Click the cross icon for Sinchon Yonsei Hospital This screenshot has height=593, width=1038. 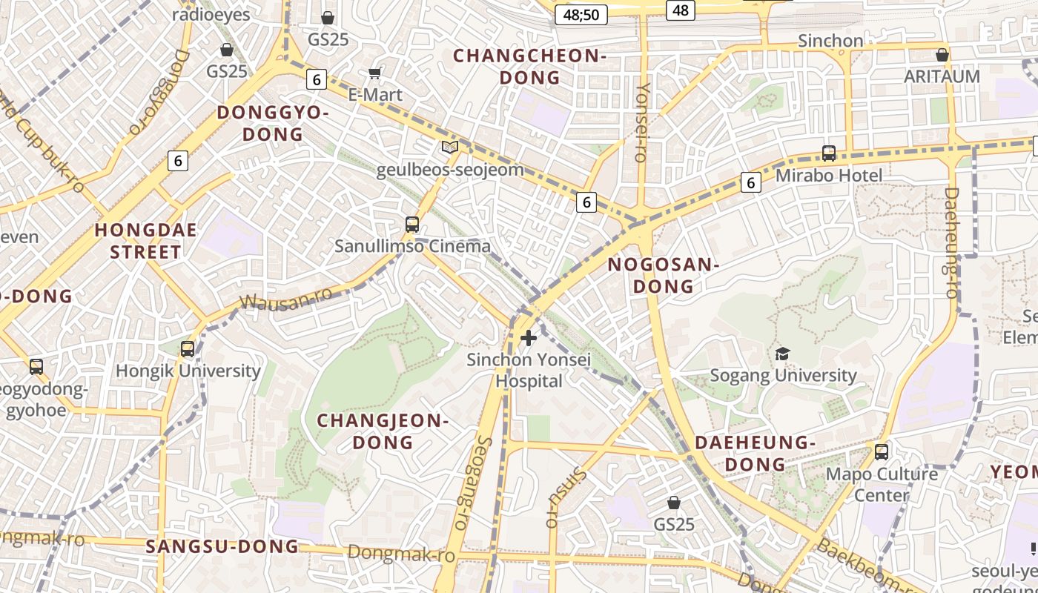(528, 339)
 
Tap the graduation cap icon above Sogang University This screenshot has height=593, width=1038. (782, 354)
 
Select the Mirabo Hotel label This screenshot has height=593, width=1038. (828, 176)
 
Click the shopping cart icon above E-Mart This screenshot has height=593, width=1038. (375, 73)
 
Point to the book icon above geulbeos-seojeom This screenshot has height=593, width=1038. (450, 148)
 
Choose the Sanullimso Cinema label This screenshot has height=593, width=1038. (412, 246)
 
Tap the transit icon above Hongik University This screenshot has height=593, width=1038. (188, 348)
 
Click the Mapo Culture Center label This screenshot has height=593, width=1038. (881, 484)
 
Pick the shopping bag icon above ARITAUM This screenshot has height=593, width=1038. (942, 55)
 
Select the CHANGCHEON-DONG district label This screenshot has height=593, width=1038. (529, 67)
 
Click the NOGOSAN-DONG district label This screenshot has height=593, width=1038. (664, 275)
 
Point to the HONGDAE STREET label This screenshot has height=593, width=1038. (146, 241)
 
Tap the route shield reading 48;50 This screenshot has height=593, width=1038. (581, 14)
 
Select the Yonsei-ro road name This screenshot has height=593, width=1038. (642, 122)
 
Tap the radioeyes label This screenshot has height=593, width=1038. (211, 14)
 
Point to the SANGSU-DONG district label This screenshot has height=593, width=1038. (222, 547)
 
